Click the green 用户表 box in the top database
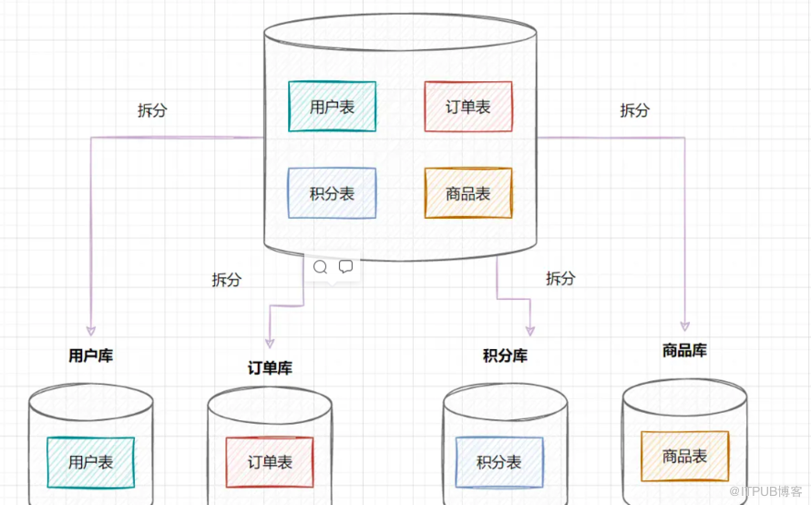point(332,107)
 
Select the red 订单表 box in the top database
point(468,107)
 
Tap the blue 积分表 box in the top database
point(332,193)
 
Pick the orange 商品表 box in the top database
point(468,193)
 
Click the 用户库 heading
point(91,356)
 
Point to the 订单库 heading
point(270,368)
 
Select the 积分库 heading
point(505,356)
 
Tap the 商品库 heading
point(684,350)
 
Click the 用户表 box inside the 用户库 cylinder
point(91,462)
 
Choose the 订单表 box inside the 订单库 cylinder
point(270,462)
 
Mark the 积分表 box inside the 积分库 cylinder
point(499,462)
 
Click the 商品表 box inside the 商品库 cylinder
point(684,456)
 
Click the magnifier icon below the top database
point(320,267)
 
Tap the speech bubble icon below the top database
point(345,267)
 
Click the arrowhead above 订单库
point(270,341)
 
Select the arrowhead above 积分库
point(530,330)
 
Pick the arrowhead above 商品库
point(684,325)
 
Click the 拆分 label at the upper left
point(152,110)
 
